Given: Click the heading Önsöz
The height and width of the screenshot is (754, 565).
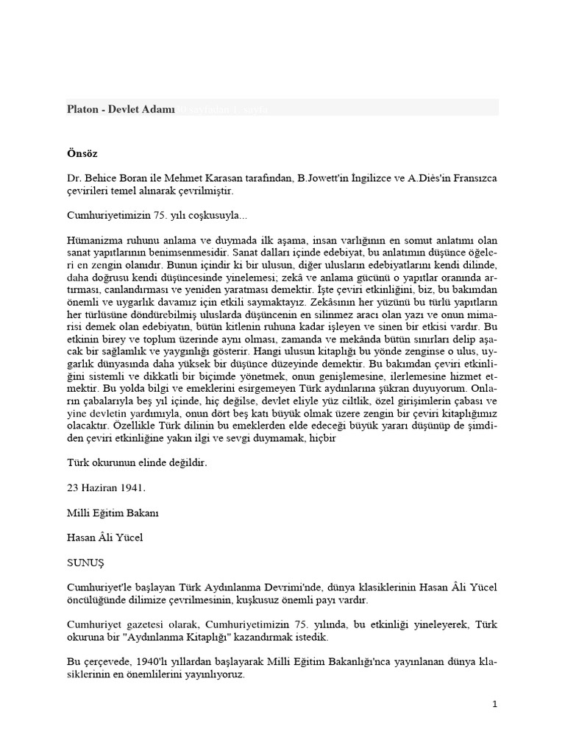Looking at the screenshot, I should click(77, 155).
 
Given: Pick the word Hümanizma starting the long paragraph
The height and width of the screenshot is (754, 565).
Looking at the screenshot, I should click(92, 240).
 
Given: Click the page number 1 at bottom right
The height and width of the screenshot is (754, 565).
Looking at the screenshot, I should click(495, 704).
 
